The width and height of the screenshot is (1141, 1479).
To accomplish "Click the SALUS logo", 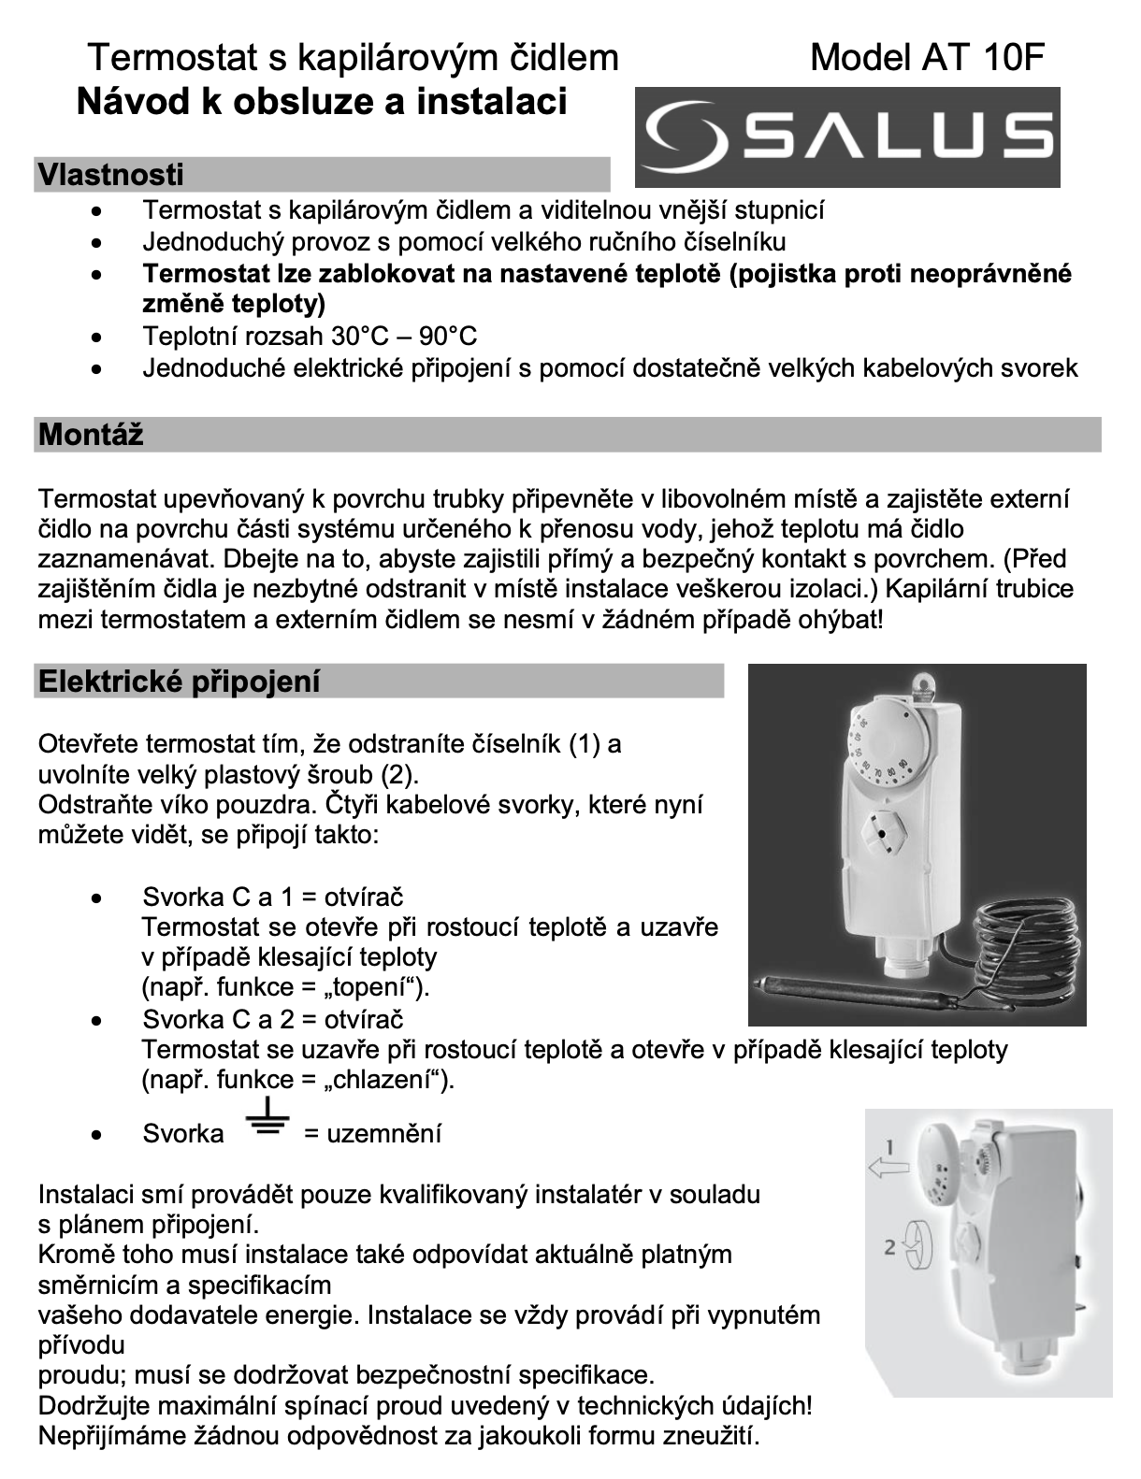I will point(847,136).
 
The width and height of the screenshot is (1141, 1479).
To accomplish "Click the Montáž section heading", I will point(91,435).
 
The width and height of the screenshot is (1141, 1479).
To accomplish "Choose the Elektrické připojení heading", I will point(179,682).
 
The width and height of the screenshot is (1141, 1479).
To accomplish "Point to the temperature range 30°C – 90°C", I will point(403,336).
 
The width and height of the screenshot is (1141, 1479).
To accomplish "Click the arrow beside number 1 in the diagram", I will point(887,1166).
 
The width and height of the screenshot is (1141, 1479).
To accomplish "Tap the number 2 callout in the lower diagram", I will point(890,1245).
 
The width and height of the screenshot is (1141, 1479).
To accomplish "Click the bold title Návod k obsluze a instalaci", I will point(321,101).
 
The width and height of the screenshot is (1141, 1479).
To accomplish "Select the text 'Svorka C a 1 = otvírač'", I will point(272,897).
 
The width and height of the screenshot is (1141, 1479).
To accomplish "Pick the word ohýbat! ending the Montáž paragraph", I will point(840,619).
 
